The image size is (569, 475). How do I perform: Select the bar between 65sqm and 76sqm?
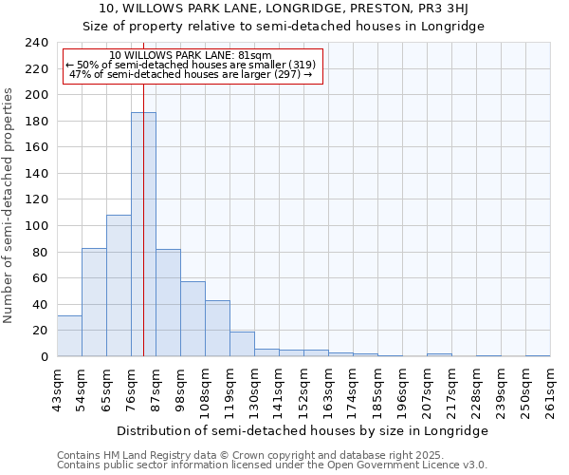pos(119,286)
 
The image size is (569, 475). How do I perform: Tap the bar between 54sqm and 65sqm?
pos(94,302)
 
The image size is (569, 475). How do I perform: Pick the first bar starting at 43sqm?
pos(69,336)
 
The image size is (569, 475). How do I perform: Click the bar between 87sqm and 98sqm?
pos(168,303)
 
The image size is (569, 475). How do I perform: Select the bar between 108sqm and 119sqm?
pos(217,329)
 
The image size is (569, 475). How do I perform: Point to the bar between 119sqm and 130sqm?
pos(242,344)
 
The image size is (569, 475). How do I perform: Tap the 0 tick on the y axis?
pos(44,357)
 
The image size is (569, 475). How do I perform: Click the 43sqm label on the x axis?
pos(58,388)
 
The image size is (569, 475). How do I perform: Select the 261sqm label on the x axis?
pos(551,388)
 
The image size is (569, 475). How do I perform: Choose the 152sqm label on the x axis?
pos(304,388)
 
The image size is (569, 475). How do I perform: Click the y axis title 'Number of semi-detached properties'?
pos(9,205)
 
